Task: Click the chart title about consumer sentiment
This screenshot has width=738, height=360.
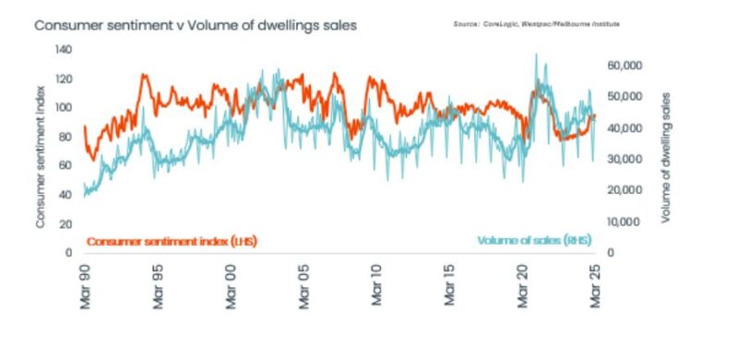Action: (195, 25)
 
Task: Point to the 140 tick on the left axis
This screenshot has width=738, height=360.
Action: (65, 50)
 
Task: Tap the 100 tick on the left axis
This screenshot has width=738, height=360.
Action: (65, 107)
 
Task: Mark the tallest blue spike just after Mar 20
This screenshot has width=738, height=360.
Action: (536, 55)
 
